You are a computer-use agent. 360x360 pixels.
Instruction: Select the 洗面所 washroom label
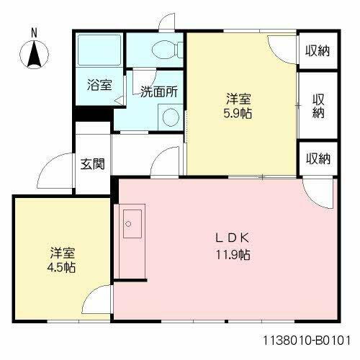point(159,91)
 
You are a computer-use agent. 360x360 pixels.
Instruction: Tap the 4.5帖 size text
point(63,267)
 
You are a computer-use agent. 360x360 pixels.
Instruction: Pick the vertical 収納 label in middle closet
point(318,106)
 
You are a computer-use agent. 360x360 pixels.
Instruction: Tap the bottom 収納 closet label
point(317,158)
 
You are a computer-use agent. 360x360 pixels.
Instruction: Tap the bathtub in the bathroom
point(99,51)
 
